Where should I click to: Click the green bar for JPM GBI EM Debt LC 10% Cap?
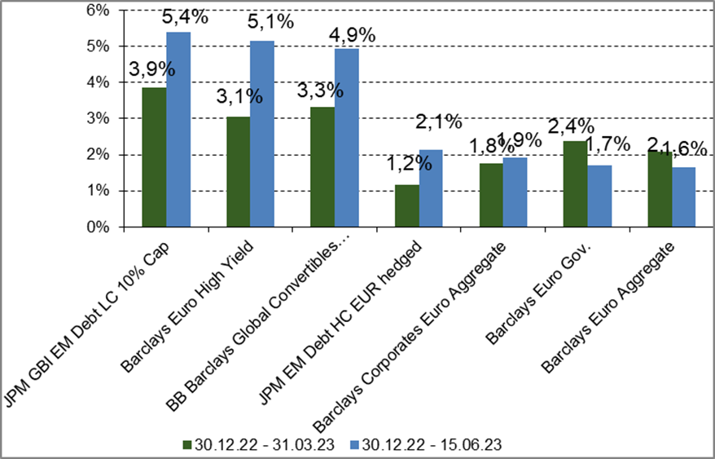click(154, 157)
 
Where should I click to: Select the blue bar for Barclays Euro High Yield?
click(262, 135)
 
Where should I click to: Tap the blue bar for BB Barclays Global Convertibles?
click(347, 138)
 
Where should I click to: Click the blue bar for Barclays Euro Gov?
click(599, 196)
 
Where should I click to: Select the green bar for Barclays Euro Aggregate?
click(660, 189)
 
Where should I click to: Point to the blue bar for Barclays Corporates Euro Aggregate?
click(515, 192)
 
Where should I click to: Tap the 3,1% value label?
click(239, 96)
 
